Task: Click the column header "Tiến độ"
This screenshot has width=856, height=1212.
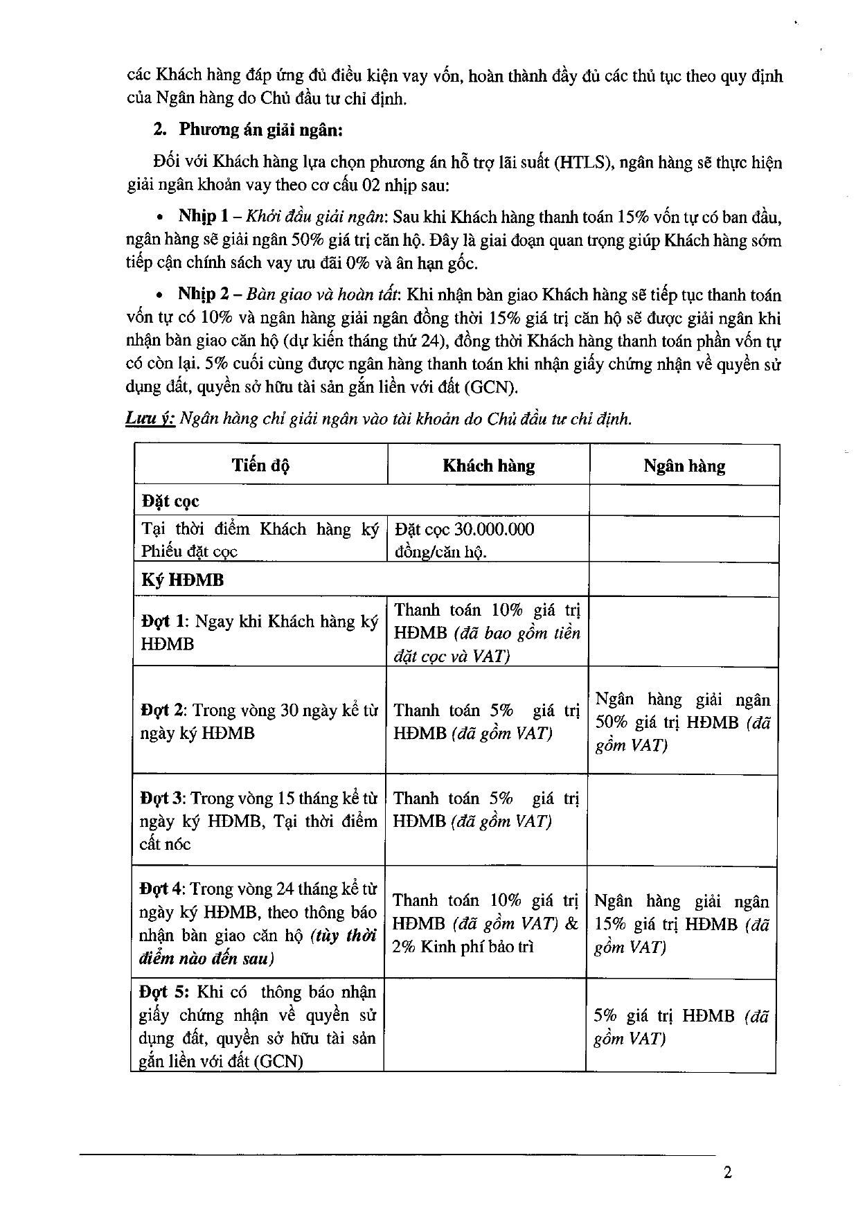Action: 260,465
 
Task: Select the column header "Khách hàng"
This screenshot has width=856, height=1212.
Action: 488,465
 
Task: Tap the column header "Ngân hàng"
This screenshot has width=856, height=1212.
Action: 684,466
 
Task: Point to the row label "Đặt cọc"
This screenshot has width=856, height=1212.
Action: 170,501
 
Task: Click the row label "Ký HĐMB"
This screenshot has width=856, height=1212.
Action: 182,580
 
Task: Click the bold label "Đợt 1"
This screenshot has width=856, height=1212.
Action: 164,621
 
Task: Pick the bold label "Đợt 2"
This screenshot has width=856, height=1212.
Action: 163,711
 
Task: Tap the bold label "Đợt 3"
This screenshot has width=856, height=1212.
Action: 162,799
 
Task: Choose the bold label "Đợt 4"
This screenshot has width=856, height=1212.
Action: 161,889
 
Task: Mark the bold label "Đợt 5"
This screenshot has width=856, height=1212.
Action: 163,992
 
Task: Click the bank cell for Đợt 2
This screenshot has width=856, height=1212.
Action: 682,722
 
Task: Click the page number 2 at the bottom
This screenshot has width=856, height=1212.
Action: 727,1173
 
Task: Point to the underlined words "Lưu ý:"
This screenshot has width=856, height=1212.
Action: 150,419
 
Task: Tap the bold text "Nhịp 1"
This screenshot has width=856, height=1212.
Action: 197,216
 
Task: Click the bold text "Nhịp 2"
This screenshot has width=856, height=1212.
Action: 204,294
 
